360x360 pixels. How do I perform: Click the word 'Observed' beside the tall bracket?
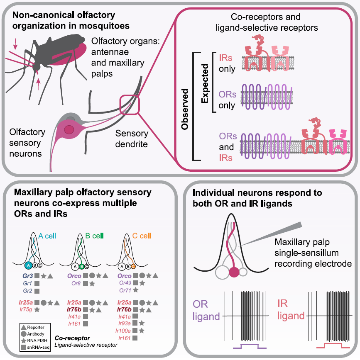point(185,109)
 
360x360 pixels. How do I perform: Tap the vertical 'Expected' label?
point(205,83)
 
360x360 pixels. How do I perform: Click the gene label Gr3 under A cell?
point(27,276)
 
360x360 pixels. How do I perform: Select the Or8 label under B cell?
point(76,283)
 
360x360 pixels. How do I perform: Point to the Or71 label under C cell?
point(125,290)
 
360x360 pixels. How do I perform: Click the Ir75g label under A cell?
point(26,309)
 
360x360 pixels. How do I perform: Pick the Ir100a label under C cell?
point(123,331)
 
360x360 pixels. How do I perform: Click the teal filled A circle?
point(29,265)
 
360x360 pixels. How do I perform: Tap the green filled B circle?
point(81,267)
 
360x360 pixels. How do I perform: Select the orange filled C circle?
point(133,267)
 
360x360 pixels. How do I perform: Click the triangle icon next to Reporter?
point(23,327)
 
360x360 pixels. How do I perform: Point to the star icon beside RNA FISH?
point(23,341)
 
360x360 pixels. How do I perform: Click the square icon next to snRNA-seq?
point(23,347)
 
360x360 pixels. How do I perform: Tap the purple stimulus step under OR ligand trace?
point(250,346)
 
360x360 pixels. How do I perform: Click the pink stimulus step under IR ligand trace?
point(333,345)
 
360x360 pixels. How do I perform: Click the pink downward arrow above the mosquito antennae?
point(15,44)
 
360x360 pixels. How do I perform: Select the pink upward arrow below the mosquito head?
point(38,84)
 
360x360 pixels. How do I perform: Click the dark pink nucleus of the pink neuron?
point(69,129)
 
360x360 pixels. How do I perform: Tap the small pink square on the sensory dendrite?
point(130,105)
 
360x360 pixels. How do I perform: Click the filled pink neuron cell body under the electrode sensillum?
point(234,272)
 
